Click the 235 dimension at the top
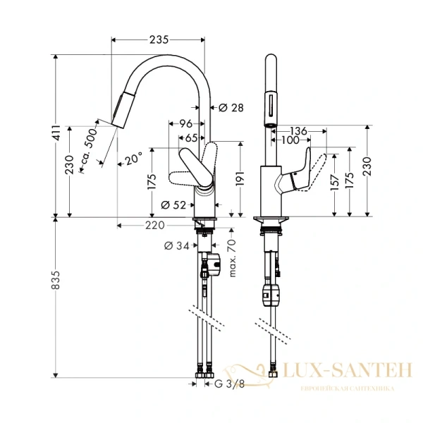159,40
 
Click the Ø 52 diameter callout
173,205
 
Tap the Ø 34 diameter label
176,246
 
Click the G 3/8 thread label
228,384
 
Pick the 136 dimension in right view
299,130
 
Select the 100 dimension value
290,140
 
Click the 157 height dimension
333,183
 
